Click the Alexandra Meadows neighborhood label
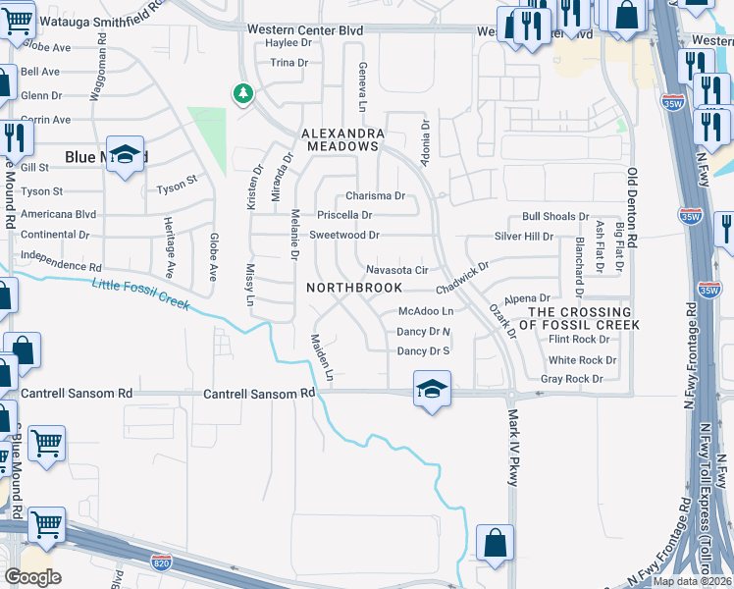[x=340, y=138]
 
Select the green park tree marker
[x=242, y=94]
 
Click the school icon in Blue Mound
[x=126, y=155]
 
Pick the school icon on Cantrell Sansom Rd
[x=431, y=390]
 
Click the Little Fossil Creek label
[x=140, y=295]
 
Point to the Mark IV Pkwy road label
[x=512, y=448]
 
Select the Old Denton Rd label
[x=633, y=220]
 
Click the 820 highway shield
[x=163, y=562]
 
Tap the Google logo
[x=32, y=576]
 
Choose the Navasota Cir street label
[x=396, y=270]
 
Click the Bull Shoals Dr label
[x=555, y=216]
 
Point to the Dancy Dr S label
[x=423, y=351]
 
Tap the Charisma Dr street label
[x=375, y=195]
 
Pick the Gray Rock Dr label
[x=571, y=379]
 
